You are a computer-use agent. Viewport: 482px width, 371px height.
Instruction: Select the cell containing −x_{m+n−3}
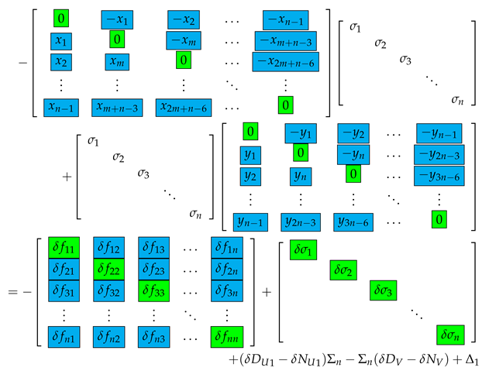point(284,40)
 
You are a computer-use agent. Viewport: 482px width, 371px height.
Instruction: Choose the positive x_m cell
point(115,61)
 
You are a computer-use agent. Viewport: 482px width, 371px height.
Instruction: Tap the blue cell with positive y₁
point(251,155)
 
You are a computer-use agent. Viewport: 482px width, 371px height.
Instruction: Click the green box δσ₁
point(305,249)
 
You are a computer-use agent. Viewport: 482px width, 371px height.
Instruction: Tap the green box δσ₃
point(385,292)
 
